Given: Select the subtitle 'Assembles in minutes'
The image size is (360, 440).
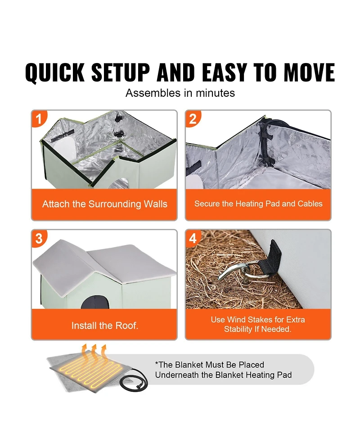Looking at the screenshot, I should click(x=180, y=93).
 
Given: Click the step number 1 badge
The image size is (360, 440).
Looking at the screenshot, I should click(x=39, y=119).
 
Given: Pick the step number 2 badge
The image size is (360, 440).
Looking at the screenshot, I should click(x=193, y=119).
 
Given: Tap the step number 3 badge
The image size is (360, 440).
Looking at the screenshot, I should click(x=39, y=238).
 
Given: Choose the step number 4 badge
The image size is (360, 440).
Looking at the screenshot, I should click(x=193, y=238).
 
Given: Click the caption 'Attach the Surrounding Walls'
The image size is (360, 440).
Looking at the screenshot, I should click(x=104, y=204).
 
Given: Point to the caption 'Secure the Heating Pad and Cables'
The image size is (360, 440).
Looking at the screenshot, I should click(x=258, y=204).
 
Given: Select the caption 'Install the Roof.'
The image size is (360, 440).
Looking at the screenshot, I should click(x=104, y=325).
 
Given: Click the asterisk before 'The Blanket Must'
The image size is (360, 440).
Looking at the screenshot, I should click(x=157, y=364).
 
